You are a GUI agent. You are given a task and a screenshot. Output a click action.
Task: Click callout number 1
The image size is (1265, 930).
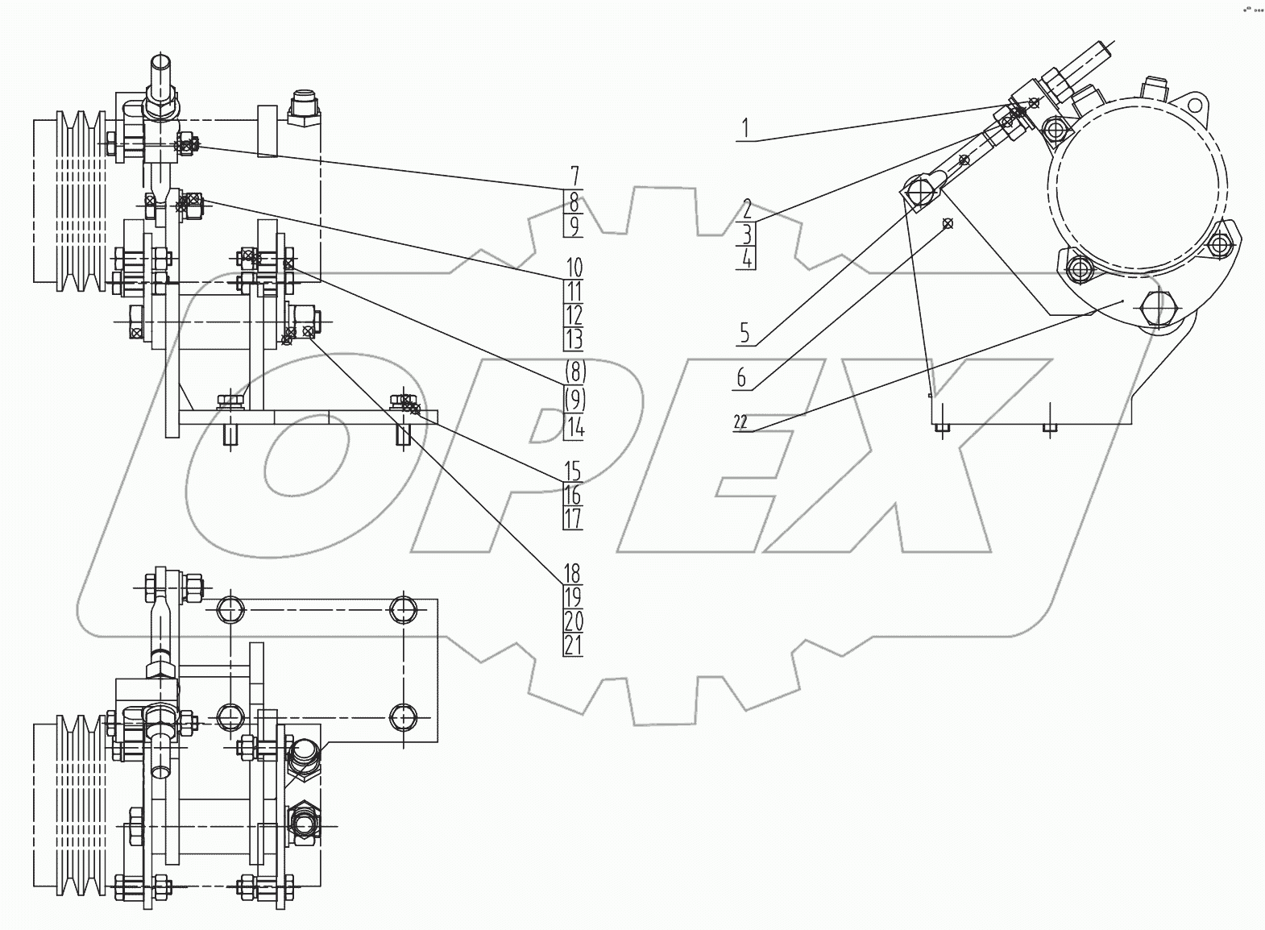[x=745, y=127]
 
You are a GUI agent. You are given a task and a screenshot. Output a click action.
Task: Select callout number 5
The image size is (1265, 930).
[x=744, y=332]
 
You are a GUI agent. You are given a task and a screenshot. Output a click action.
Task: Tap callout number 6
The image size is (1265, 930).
[x=742, y=376]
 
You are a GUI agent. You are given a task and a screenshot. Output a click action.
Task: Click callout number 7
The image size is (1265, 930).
[x=574, y=175]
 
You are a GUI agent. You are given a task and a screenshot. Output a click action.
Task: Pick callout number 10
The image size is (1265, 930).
[x=574, y=267]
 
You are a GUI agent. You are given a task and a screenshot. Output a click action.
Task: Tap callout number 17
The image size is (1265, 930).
[x=573, y=518]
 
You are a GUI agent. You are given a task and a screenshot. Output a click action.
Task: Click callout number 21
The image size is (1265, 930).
[x=573, y=645]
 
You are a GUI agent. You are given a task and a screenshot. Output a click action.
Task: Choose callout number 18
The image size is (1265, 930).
[x=572, y=574]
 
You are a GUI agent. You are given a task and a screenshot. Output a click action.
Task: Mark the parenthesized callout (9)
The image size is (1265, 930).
[x=574, y=398]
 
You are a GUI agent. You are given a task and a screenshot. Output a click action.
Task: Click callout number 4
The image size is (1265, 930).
[x=747, y=259]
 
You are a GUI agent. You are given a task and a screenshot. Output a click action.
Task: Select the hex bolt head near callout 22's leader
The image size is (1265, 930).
[x=1159, y=307]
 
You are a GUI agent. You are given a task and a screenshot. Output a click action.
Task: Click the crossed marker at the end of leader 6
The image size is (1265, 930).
[x=948, y=223]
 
